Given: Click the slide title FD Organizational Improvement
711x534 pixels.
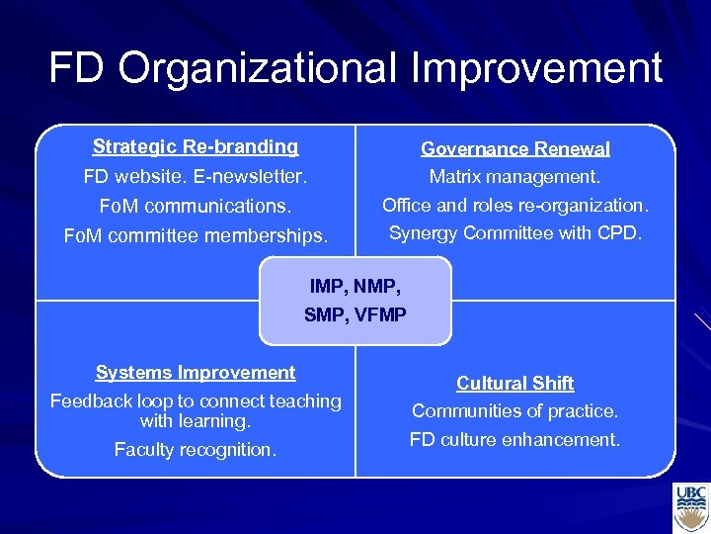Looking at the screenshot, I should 355,68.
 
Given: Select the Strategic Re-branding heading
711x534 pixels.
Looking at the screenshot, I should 196,147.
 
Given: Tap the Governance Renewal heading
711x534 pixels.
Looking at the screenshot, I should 514,149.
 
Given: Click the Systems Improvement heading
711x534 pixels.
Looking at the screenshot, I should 196,373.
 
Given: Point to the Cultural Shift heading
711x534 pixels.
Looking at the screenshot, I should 514,384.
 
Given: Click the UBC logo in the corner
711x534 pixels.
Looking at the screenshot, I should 690,507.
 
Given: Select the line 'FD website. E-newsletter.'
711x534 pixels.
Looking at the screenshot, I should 196,178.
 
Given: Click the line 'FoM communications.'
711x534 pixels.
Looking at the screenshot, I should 196,208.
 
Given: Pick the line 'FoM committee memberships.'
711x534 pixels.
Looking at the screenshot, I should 196,236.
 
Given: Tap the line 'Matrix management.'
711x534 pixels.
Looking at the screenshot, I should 514,178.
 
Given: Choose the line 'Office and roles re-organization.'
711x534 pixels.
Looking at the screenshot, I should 514,206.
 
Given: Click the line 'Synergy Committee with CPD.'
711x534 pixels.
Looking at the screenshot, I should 514,233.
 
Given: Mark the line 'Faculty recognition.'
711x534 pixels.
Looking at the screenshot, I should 196,450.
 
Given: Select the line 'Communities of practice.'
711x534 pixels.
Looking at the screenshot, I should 514,410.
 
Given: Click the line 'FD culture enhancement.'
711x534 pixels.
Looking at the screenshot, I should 514,439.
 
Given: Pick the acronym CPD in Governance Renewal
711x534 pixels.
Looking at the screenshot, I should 620,233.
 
